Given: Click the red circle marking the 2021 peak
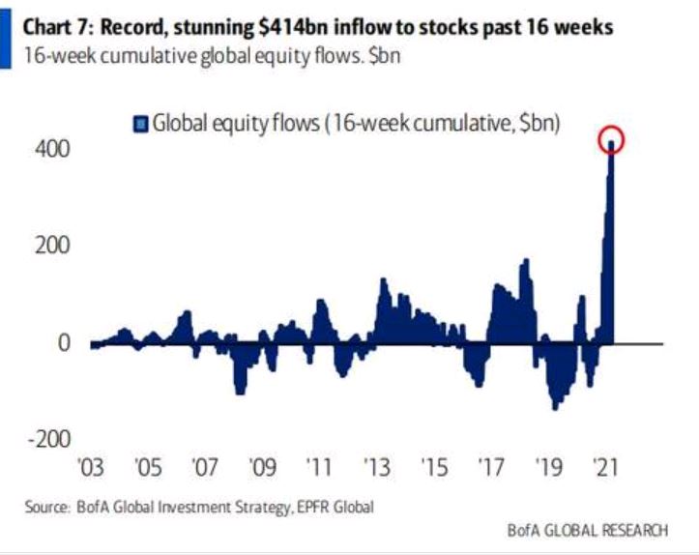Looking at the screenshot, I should tap(611, 141).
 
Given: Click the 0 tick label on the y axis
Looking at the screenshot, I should tap(64, 342).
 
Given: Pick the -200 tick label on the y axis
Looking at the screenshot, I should tap(48, 438).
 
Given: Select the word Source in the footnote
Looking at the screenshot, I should tap(46, 505).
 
